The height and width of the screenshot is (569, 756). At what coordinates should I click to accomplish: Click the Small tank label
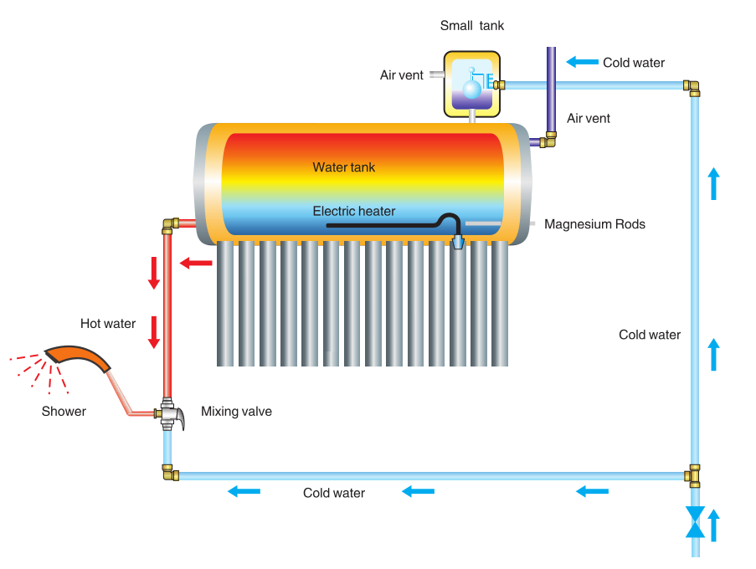click(x=472, y=26)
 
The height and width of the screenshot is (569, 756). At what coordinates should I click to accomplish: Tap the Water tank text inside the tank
click(x=344, y=167)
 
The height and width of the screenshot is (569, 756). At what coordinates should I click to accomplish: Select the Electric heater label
click(x=354, y=211)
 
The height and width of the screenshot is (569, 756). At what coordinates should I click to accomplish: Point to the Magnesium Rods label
click(x=594, y=224)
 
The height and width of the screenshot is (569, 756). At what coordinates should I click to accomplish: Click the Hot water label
click(x=108, y=324)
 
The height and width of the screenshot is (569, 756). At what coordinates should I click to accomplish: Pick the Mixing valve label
click(x=236, y=412)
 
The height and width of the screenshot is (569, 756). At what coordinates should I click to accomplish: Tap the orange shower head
click(x=78, y=359)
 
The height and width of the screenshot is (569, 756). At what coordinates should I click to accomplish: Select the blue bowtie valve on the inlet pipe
click(x=695, y=521)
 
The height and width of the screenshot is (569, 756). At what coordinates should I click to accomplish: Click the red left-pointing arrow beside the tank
click(x=197, y=264)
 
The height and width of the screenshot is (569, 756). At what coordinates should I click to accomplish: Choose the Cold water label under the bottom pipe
click(x=334, y=493)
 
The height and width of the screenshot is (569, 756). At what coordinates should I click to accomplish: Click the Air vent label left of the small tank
click(x=402, y=75)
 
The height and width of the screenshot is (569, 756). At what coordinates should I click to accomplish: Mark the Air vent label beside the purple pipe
click(x=589, y=119)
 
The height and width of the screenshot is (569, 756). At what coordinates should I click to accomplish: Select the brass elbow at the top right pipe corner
click(x=692, y=86)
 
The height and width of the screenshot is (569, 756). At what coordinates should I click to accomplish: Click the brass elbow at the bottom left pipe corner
click(x=170, y=474)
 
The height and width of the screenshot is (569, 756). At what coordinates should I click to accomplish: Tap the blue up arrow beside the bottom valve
click(x=714, y=525)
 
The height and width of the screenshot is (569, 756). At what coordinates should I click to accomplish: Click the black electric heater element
click(x=385, y=224)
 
